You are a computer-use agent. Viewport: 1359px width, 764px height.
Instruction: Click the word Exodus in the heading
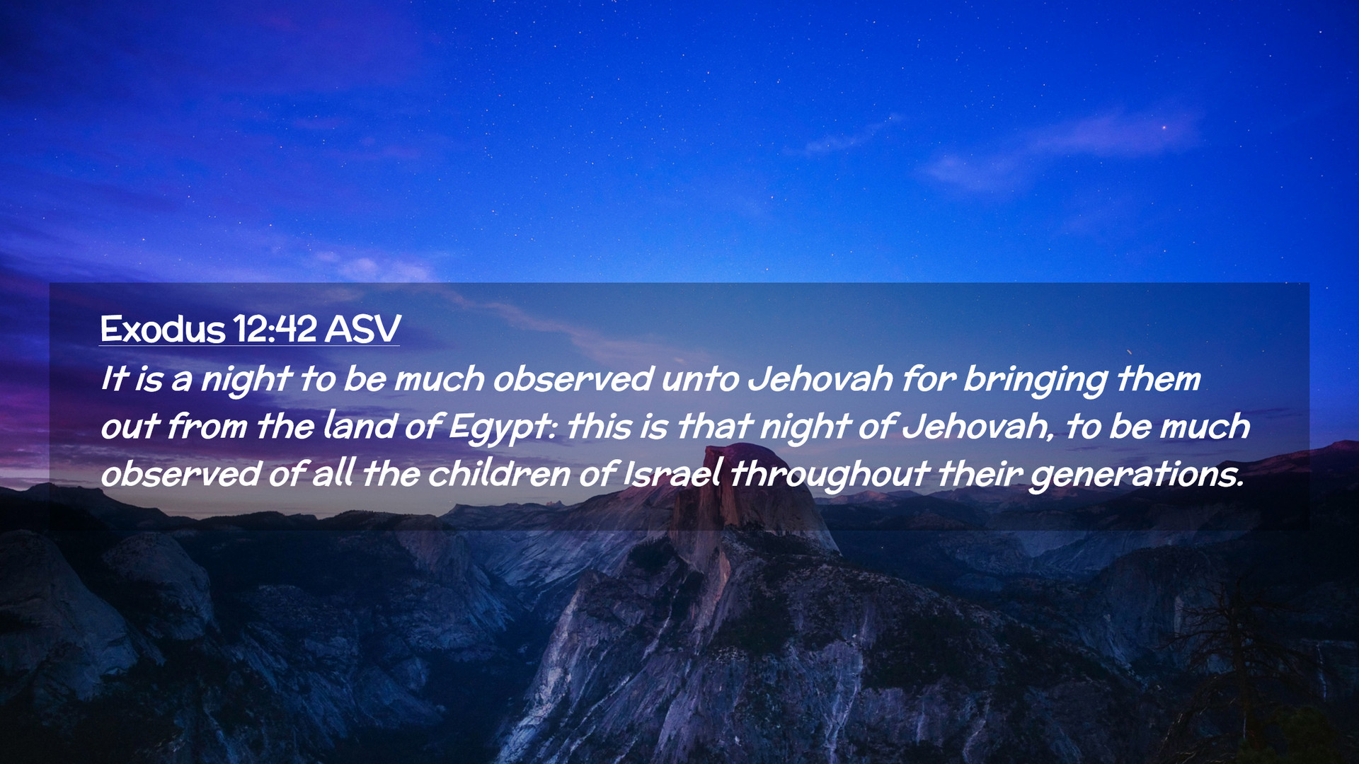tap(163, 329)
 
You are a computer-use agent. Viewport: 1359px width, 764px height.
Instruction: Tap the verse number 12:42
tap(275, 329)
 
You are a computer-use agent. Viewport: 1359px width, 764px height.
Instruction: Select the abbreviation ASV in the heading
tap(362, 329)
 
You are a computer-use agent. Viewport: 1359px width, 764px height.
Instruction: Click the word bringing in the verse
tap(1035, 381)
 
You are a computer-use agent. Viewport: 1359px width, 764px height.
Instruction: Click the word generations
tap(1136, 475)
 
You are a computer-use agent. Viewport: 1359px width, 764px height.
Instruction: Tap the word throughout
tap(829, 475)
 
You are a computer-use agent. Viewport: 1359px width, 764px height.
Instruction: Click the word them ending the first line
tap(1159, 379)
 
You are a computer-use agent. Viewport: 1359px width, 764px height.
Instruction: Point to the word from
tap(207, 426)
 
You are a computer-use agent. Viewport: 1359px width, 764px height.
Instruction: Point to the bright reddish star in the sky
tap(1164, 127)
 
